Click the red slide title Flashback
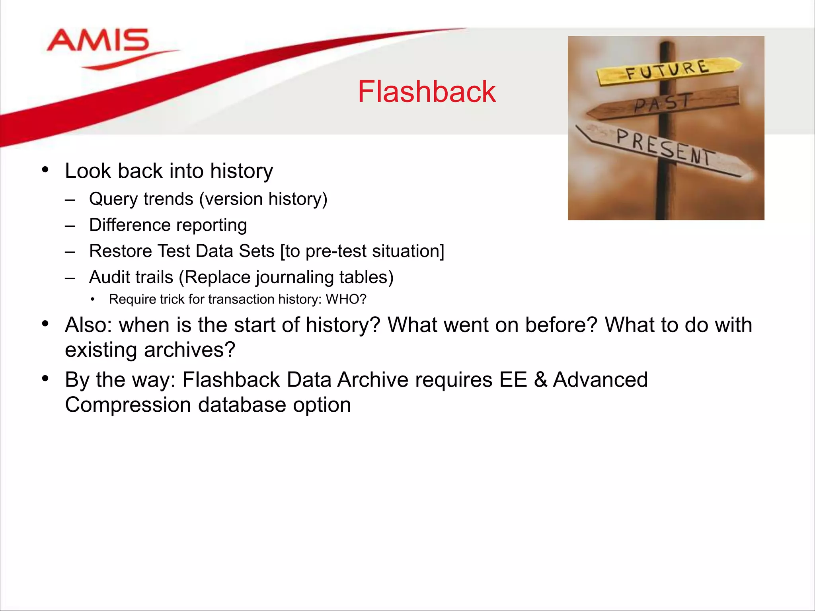coord(427,92)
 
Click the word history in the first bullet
coord(242,171)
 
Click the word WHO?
coord(346,299)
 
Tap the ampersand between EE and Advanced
coord(540,380)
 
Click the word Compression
coord(128,405)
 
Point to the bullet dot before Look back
coord(45,170)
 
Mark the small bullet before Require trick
coord(93,300)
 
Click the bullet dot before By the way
coord(45,378)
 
